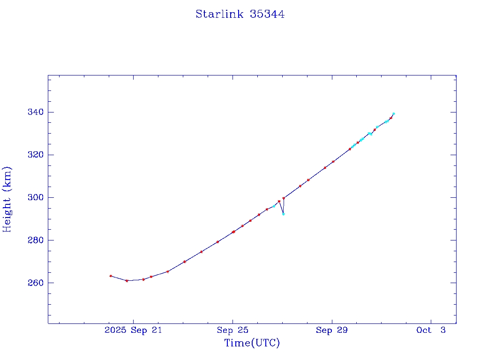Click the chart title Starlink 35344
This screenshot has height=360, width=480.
tap(240, 14)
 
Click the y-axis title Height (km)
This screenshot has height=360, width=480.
tap(7, 199)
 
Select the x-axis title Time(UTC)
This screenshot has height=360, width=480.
tap(252, 343)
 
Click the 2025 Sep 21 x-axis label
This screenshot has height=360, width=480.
tap(133, 330)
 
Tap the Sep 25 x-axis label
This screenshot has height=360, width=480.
tap(232, 330)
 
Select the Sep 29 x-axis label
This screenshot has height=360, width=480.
tap(332, 330)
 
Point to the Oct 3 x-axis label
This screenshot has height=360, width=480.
tap(431, 330)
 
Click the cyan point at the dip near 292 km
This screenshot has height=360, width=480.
tap(283, 214)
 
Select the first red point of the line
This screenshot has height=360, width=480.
tap(111, 276)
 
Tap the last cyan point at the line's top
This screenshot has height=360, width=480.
tap(393, 113)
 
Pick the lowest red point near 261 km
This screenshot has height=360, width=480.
tap(127, 281)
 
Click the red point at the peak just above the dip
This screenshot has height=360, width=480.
tap(284, 198)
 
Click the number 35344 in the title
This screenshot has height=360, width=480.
tap(267, 14)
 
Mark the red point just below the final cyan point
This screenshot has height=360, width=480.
tap(391, 118)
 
